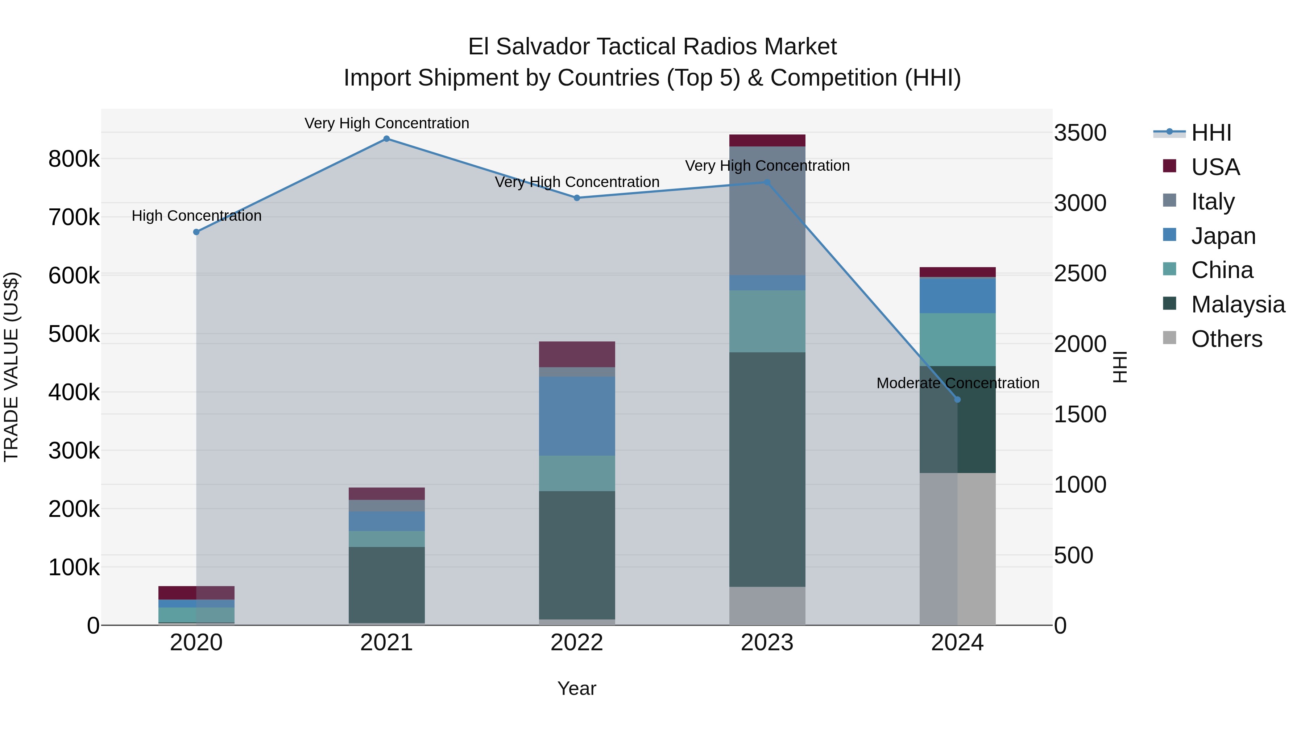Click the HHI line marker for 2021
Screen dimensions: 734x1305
click(386, 139)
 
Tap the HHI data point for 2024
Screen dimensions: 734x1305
click(957, 400)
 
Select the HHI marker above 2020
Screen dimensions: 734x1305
click(196, 232)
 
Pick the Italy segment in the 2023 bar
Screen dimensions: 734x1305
click(767, 210)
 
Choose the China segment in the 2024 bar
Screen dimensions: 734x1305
click(957, 339)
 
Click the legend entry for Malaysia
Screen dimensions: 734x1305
click(1238, 304)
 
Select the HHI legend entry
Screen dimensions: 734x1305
click(1211, 133)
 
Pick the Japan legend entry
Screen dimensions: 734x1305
click(1223, 236)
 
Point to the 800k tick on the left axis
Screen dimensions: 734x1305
click(74, 159)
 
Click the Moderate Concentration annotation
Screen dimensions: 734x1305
click(957, 383)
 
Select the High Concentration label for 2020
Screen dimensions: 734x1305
click(196, 216)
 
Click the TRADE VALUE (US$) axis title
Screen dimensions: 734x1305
click(11, 367)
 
